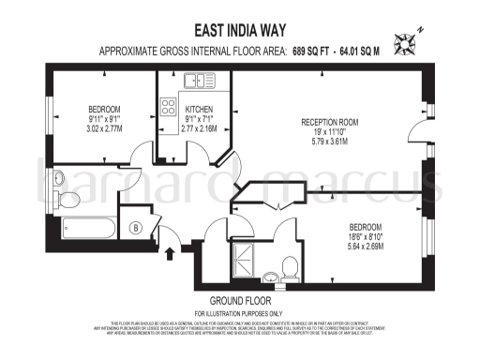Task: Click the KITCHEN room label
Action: (x=199, y=109)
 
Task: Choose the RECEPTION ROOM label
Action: (x=330, y=123)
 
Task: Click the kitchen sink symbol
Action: (x=199, y=82)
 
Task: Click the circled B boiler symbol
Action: (x=135, y=228)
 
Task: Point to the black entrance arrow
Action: (x=170, y=250)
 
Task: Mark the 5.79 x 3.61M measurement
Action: (x=329, y=143)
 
